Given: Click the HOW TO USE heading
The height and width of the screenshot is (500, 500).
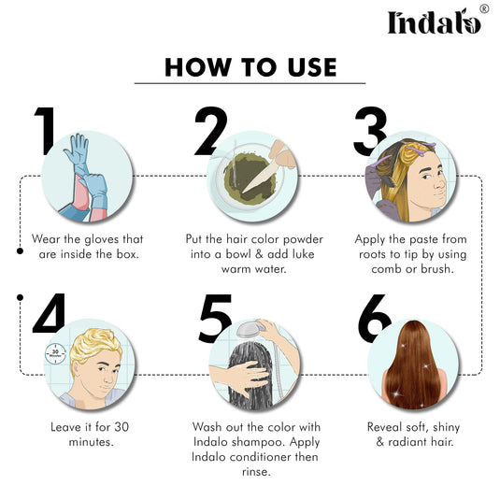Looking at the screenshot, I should click(250, 67).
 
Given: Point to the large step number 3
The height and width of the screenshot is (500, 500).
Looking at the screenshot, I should click(370, 132).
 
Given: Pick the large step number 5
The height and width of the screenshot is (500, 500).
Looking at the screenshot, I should click(216, 316).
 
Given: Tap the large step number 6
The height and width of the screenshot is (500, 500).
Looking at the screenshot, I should click(373, 319).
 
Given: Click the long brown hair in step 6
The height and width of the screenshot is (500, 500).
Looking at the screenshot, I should click(412, 364).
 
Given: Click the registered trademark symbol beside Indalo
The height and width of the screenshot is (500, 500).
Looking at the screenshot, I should click(483, 8).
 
